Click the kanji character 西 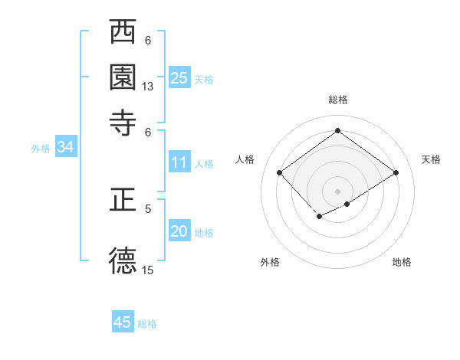(123, 32)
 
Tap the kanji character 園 (123, 77)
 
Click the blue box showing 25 (179, 78)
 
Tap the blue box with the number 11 (179, 162)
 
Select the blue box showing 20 (179, 232)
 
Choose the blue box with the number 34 (65, 148)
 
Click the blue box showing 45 (123, 322)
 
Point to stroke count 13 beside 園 (148, 87)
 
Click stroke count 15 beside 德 (148, 270)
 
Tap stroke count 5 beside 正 (148, 208)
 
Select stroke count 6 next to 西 (148, 40)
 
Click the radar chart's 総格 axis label (338, 100)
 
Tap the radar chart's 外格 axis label (270, 262)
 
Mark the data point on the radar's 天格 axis (396, 173)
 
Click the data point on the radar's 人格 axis (280, 173)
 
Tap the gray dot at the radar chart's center (338, 191)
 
